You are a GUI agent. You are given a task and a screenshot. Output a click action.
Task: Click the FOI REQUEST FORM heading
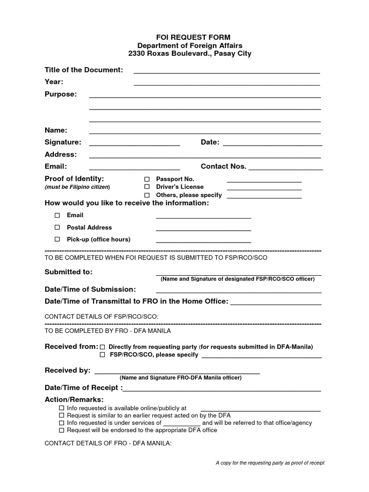coord(186,37)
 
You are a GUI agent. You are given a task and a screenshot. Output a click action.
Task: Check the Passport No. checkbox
coord(147,179)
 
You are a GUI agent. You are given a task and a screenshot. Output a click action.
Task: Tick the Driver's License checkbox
coord(147,187)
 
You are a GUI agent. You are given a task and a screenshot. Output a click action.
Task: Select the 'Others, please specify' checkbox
coord(147,195)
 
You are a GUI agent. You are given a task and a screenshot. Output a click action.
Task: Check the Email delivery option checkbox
coord(57,215)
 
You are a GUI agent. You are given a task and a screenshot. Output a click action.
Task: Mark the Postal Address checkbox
coord(57,227)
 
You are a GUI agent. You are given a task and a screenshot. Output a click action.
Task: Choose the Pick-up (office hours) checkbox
coord(57,239)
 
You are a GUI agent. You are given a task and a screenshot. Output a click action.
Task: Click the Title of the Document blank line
coord(226,72)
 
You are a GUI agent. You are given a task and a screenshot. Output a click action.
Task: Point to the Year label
coord(54,82)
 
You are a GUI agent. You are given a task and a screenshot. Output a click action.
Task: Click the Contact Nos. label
coord(223,166)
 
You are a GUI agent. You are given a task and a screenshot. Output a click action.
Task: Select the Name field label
coord(56,130)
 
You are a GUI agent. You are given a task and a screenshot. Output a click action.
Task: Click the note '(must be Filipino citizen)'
coord(77,187)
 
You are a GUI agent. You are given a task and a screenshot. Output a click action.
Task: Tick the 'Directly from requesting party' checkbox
coord(102,347)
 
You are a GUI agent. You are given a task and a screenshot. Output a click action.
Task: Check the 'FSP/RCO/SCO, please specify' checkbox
coord(102,355)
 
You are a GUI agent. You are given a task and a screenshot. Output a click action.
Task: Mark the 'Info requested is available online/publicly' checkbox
coord(61,408)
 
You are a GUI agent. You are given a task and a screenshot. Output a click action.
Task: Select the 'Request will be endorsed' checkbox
coord(61,430)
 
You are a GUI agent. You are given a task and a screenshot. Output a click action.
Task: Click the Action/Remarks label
coord(74,400)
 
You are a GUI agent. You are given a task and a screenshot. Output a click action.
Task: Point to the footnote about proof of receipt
coord(270,463)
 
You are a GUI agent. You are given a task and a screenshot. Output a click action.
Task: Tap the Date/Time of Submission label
coord(90,289)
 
